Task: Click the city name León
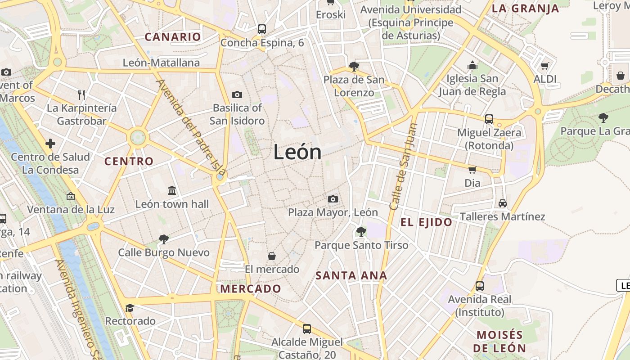[297, 153]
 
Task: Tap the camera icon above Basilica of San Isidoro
[237, 94]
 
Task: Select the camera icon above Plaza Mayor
[333, 199]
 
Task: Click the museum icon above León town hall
[172, 190]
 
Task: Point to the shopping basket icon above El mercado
[272, 256]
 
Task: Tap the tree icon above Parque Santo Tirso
[361, 232]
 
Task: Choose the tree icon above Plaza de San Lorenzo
[354, 67]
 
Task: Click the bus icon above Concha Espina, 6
[262, 29]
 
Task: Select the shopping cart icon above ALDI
[545, 66]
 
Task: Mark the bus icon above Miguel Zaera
[489, 119]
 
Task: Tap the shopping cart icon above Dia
[472, 170]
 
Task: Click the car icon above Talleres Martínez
[503, 203]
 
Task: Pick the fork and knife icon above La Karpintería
[81, 94]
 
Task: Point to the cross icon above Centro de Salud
[50, 144]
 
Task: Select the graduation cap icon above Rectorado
[130, 308]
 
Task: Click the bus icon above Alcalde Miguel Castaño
[307, 328]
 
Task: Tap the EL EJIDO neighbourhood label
[426, 222]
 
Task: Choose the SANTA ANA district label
[351, 275]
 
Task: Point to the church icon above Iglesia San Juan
[472, 66]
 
